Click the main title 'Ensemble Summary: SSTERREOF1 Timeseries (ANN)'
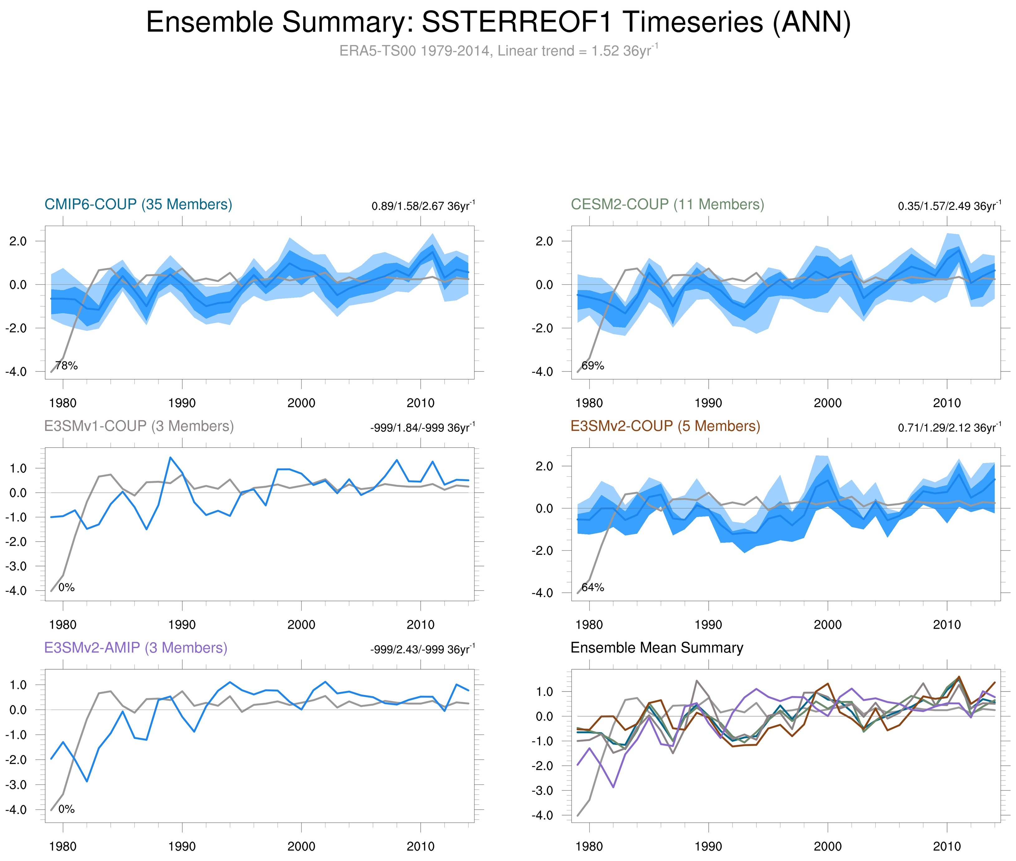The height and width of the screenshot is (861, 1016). [x=498, y=22]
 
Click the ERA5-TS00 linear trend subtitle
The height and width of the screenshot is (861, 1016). [x=498, y=51]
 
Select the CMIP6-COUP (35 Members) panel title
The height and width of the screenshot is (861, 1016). [x=138, y=204]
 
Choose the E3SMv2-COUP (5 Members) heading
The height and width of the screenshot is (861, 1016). [x=665, y=426]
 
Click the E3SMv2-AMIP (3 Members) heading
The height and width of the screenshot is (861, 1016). [x=136, y=648]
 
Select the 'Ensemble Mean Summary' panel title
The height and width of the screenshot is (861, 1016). [x=657, y=648]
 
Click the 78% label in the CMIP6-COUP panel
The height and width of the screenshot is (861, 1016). [x=66, y=366]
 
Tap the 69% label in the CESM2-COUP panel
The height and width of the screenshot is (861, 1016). [x=593, y=366]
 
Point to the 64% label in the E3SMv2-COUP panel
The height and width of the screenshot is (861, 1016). [x=593, y=587]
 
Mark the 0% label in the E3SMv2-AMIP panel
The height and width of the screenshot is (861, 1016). [x=66, y=809]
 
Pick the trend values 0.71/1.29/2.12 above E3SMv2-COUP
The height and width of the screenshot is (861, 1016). [x=949, y=428]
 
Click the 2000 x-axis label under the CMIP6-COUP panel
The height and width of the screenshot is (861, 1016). [x=301, y=403]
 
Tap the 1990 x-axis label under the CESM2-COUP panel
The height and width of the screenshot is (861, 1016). [x=708, y=403]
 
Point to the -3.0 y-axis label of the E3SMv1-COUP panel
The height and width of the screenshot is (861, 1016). [x=16, y=566]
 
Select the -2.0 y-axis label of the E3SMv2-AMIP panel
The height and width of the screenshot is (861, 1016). [x=16, y=760]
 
